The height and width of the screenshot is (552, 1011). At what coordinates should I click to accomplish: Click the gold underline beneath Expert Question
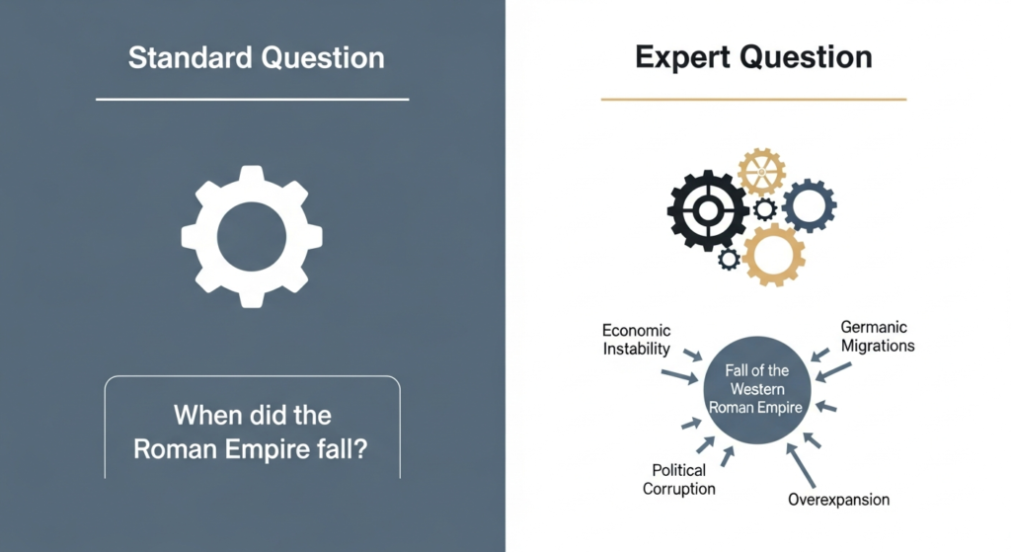(x=752, y=100)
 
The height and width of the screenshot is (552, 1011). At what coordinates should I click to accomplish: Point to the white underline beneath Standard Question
(x=252, y=100)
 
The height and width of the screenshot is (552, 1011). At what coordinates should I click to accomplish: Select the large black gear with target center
(x=707, y=209)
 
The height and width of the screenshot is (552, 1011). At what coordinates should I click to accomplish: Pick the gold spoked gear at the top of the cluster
(x=760, y=173)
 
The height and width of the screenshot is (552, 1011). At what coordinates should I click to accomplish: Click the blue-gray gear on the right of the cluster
(x=809, y=205)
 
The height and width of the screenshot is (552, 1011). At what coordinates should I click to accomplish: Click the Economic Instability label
(x=636, y=340)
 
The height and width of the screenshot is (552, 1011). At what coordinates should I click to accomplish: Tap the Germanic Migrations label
(x=877, y=336)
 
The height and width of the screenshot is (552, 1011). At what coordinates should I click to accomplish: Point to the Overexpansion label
(x=838, y=499)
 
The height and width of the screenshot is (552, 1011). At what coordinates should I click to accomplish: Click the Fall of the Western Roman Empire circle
(x=757, y=390)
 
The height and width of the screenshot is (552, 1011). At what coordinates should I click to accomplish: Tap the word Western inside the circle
(x=757, y=389)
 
